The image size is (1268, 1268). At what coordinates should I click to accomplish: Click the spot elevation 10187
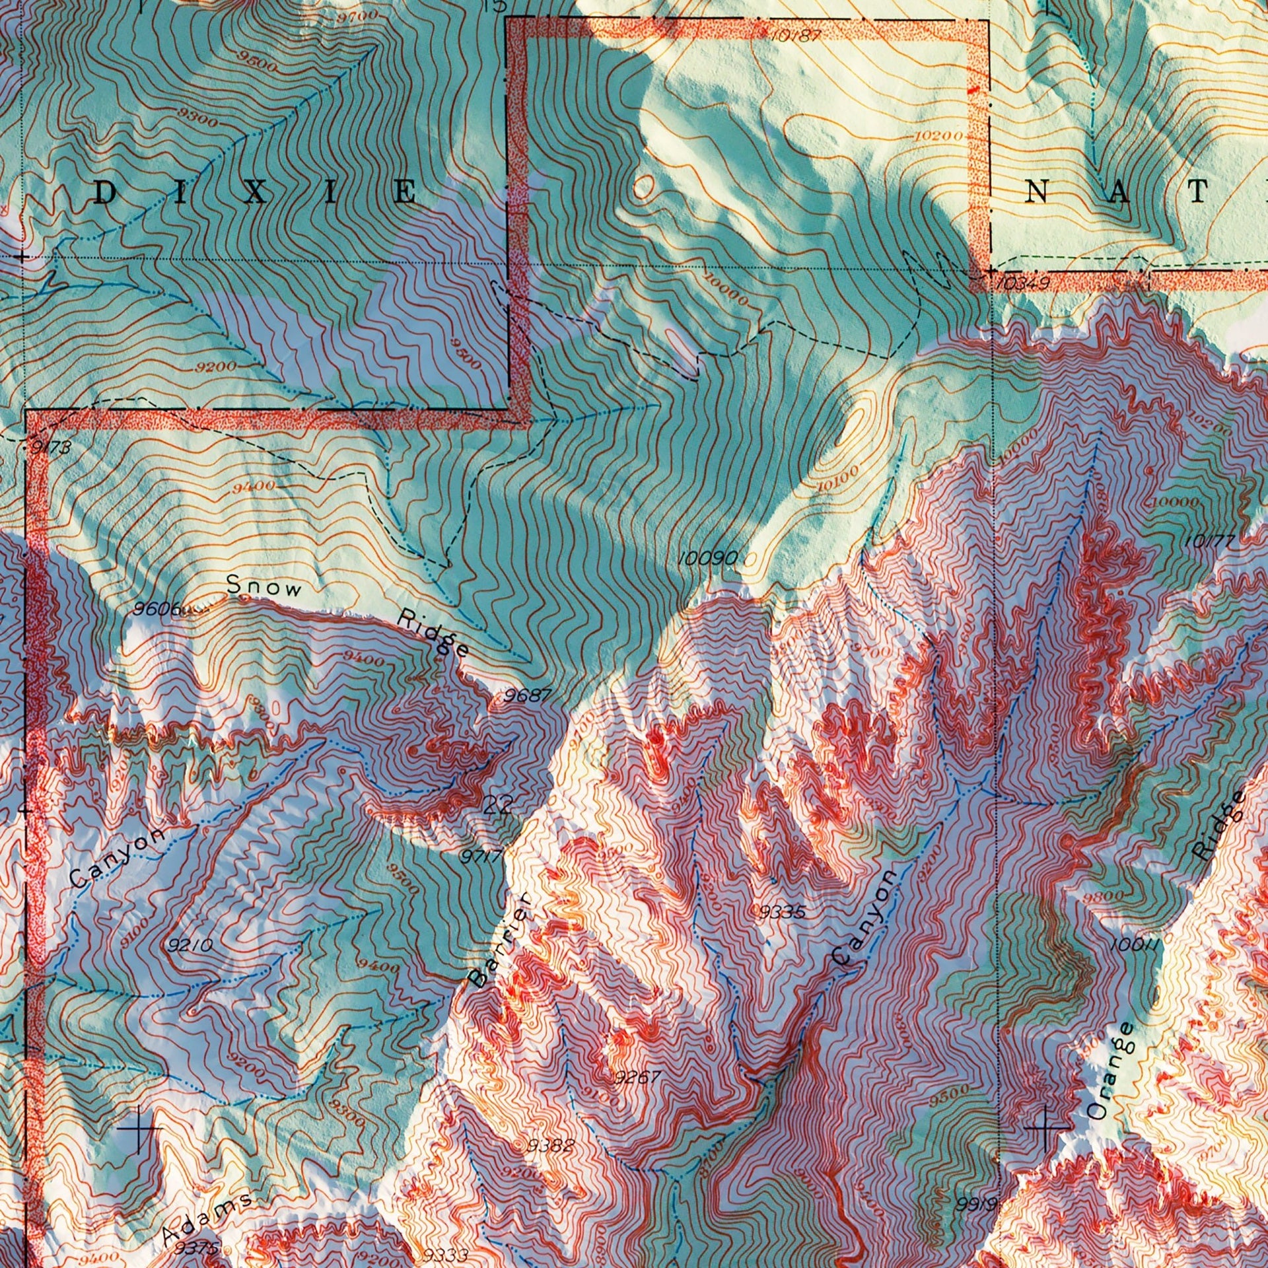tap(796, 35)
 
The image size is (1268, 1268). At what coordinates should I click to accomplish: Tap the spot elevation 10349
tap(1021, 284)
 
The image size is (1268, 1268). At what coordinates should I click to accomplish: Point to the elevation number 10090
tap(709, 558)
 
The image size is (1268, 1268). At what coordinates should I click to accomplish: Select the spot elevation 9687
tap(526, 695)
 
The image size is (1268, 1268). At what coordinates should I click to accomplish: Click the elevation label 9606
tap(157, 608)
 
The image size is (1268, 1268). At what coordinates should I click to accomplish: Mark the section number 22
tap(499, 805)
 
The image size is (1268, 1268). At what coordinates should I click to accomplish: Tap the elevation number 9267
tap(637, 1078)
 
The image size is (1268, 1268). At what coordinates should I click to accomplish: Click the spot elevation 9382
tap(551, 1146)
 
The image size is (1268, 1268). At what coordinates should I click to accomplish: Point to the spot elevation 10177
tap(1210, 542)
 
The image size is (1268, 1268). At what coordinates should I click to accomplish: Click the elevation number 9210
tap(190, 946)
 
